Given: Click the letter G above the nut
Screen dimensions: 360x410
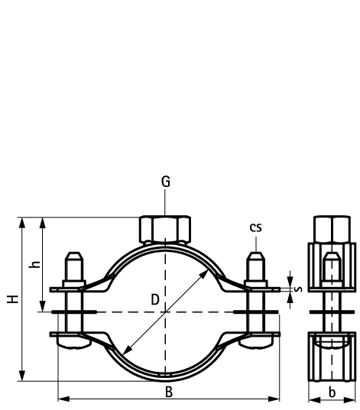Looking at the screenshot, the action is pos(165,182).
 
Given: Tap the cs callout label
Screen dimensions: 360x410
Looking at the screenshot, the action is pos(255,228).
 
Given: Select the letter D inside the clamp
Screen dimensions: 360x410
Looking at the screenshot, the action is pos(155,299).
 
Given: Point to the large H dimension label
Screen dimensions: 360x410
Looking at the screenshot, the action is pos(12,299).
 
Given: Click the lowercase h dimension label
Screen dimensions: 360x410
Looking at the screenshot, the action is pos(34,264).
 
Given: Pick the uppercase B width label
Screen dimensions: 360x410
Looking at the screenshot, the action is pos(169,392).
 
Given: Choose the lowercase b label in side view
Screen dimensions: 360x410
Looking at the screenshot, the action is pos(332,392).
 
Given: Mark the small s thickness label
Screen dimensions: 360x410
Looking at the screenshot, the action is pos(298,289).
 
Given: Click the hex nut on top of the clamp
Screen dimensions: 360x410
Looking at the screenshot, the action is pos(165,229).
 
